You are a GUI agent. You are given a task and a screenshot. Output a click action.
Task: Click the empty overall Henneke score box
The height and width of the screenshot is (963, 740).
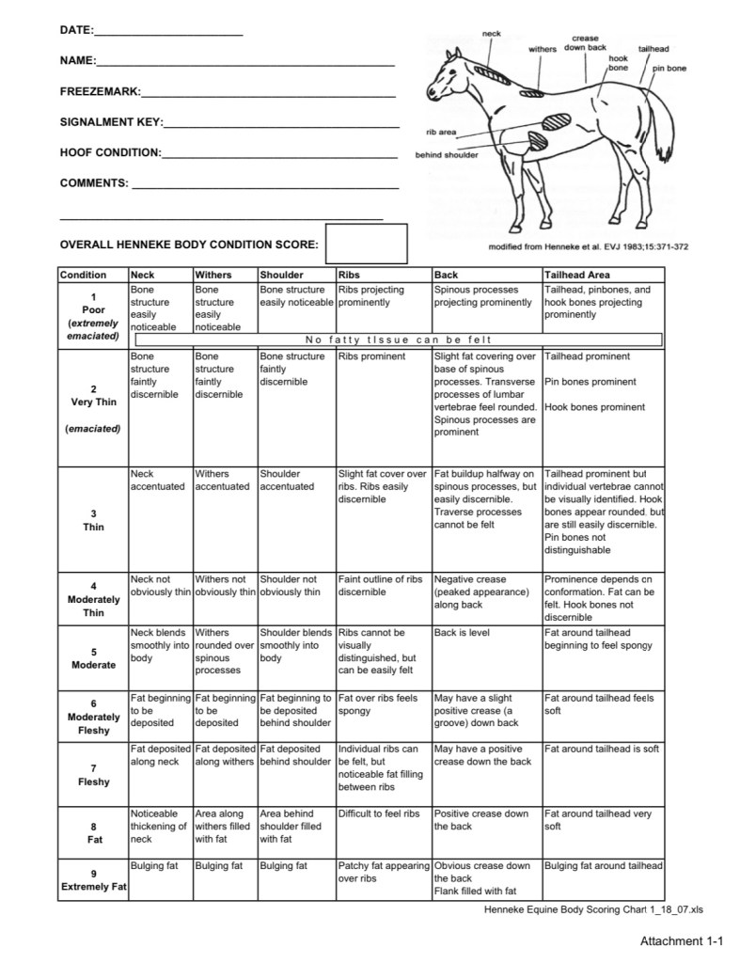click(366, 245)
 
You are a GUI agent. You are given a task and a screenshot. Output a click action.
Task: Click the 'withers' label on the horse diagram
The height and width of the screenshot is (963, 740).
click(543, 49)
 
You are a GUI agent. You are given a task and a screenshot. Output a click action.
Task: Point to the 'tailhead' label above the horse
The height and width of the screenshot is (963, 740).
click(653, 48)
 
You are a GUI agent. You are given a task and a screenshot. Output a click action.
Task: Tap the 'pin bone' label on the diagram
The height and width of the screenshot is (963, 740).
click(670, 69)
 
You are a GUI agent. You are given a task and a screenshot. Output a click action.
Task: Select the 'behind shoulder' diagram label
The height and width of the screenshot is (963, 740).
click(447, 155)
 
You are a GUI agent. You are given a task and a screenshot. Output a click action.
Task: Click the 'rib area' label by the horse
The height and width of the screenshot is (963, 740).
click(441, 133)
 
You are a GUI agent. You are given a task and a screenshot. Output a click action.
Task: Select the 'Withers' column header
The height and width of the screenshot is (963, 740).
click(213, 275)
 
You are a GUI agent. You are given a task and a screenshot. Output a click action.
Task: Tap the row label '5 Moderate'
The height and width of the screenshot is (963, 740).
click(93, 658)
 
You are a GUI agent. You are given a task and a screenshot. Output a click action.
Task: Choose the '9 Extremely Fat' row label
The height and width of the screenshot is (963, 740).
click(93, 880)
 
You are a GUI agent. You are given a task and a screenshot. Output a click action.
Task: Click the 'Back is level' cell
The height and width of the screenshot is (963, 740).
click(462, 633)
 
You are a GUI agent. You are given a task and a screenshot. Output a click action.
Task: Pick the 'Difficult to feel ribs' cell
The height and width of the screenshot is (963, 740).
click(378, 813)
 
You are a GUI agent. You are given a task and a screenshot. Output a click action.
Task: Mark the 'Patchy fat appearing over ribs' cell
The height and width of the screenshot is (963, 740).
click(382, 872)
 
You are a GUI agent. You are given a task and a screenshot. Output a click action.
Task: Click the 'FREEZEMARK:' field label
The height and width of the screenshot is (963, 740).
click(100, 92)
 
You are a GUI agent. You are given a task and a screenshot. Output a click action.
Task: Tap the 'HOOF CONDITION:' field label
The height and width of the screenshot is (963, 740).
click(110, 152)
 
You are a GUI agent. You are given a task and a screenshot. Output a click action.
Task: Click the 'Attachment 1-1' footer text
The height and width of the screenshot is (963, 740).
click(683, 940)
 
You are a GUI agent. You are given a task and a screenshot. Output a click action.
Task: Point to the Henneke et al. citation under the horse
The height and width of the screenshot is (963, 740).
click(589, 247)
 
